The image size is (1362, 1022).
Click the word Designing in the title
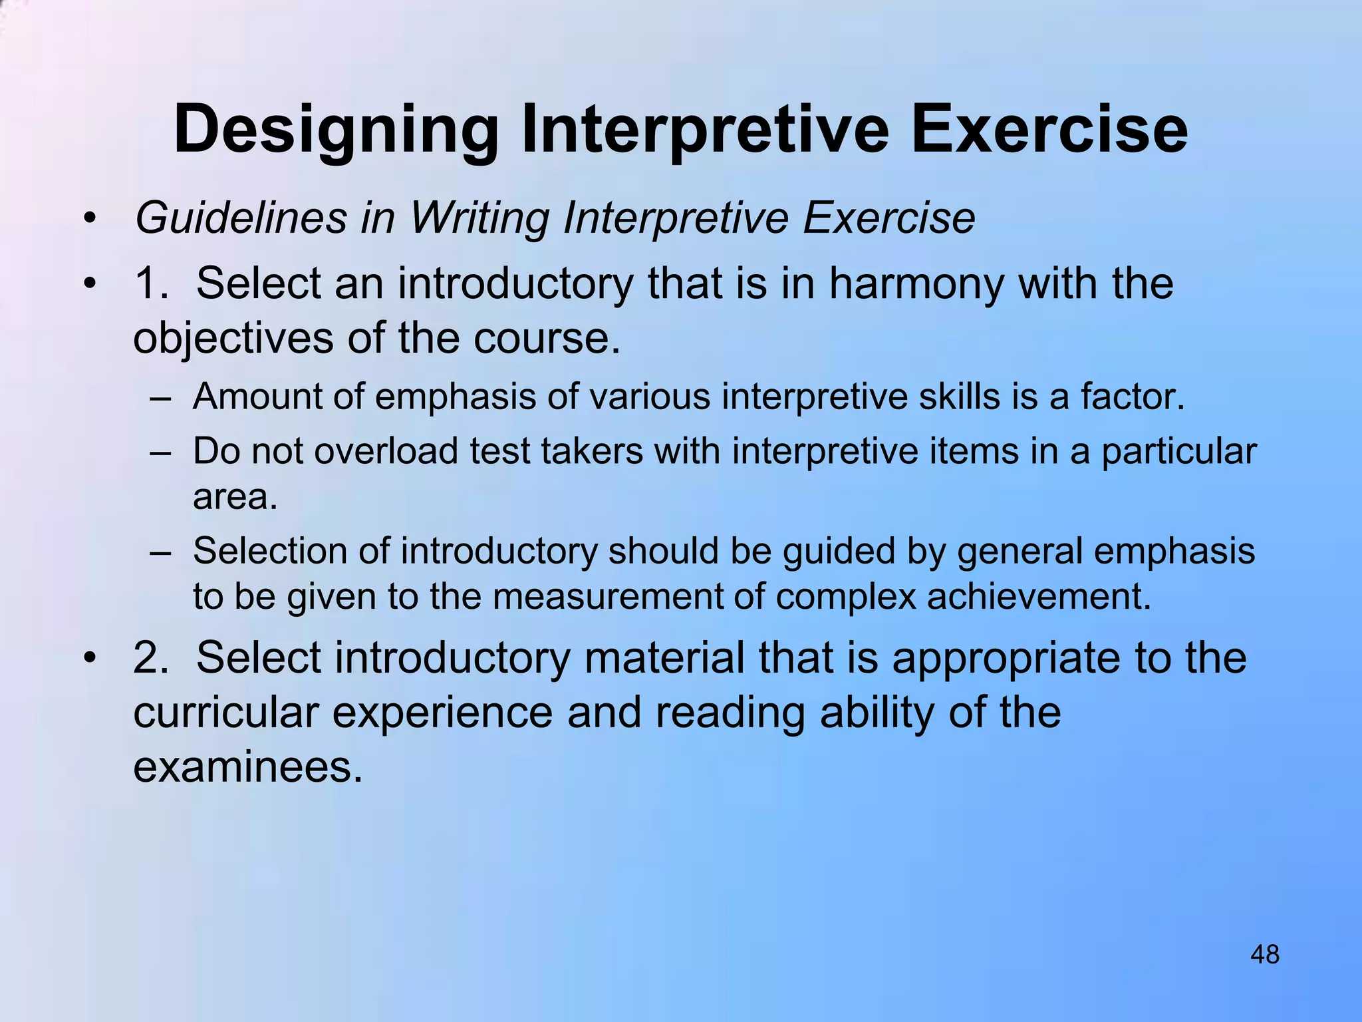coord(336,130)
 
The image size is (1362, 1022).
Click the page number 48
coord(1264,955)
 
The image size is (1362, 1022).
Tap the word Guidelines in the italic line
coord(241,218)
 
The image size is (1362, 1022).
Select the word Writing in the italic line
coord(479,218)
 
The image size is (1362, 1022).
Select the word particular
coord(1178,452)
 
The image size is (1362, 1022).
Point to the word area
coord(234,496)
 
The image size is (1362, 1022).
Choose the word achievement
coord(1038,596)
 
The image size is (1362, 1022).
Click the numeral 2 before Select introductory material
coord(146,657)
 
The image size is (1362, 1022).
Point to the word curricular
coord(225,712)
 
